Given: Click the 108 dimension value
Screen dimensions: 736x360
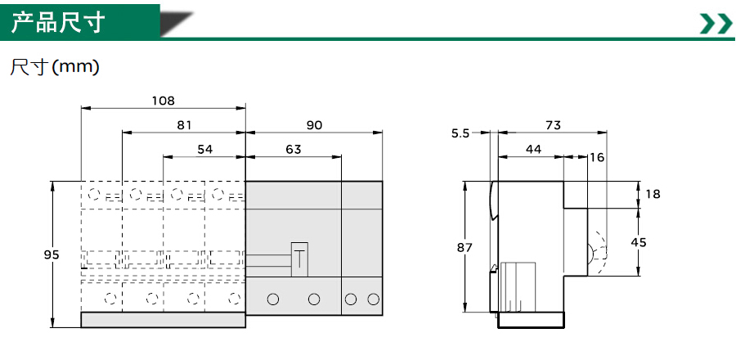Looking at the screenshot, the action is pos(163,101).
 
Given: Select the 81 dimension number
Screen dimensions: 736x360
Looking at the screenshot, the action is pos(184,125).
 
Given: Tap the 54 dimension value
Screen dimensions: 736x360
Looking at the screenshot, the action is pos(204,149).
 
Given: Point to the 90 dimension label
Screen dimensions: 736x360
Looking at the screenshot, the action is pos(314,125).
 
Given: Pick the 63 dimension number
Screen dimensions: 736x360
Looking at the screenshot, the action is pos(293,149).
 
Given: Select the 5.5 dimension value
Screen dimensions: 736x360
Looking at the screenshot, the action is pos(460,133).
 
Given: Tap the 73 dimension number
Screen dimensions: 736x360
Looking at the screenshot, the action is pos(553,125).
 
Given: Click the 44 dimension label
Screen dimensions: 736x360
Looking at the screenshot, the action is pos(534,149).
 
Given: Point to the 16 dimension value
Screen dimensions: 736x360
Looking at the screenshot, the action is pos(597,157).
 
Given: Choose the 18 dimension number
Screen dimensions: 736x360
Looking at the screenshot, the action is pos(653,194).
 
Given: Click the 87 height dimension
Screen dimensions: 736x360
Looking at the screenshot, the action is pos(464,247).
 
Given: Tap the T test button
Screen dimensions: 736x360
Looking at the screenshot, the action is pos(299,259).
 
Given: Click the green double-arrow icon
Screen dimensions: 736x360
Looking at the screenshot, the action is pos(715,24).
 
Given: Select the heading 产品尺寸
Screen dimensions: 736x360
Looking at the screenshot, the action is pos(58,23).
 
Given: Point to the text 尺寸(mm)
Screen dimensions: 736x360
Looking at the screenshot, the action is pos(55,67).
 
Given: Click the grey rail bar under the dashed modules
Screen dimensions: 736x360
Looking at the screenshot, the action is pos(164,320).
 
